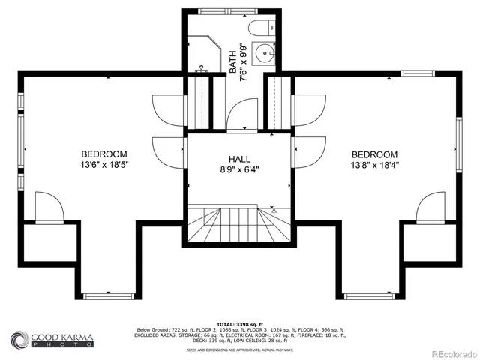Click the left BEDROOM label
click(104, 154)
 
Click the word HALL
click(240, 159)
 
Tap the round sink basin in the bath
click(264, 54)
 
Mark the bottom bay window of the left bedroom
click(108, 295)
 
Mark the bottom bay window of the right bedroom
click(369, 295)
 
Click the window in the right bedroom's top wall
click(418, 73)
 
